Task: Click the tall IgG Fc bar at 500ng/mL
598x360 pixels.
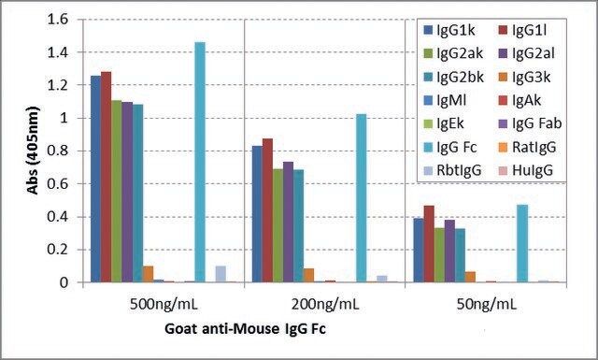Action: (x=200, y=163)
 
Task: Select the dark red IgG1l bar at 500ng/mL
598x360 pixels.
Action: (x=107, y=177)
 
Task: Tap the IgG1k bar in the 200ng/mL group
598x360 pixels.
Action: (x=257, y=214)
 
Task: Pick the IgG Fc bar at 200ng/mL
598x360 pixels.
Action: (x=362, y=198)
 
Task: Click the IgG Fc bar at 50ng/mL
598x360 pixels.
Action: (x=522, y=243)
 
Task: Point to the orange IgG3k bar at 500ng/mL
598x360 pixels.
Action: (x=148, y=274)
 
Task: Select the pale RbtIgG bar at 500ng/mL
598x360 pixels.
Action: (x=221, y=274)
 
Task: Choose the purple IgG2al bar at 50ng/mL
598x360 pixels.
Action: (x=449, y=252)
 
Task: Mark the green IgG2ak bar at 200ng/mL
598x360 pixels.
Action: (x=278, y=225)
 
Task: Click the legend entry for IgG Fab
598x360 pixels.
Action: (x=530, y=123)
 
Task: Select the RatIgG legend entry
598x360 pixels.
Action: (x=527, y=147)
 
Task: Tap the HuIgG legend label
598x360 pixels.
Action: (x=526, y=170)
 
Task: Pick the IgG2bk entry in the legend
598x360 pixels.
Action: (x=454, y=77)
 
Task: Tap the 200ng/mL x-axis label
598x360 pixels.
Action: (x=325, y=304)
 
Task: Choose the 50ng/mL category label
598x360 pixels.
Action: (x=486, y=304)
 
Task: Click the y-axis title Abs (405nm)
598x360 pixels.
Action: (x=34, y=150)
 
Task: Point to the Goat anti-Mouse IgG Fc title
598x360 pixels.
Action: (x=245, y=328)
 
